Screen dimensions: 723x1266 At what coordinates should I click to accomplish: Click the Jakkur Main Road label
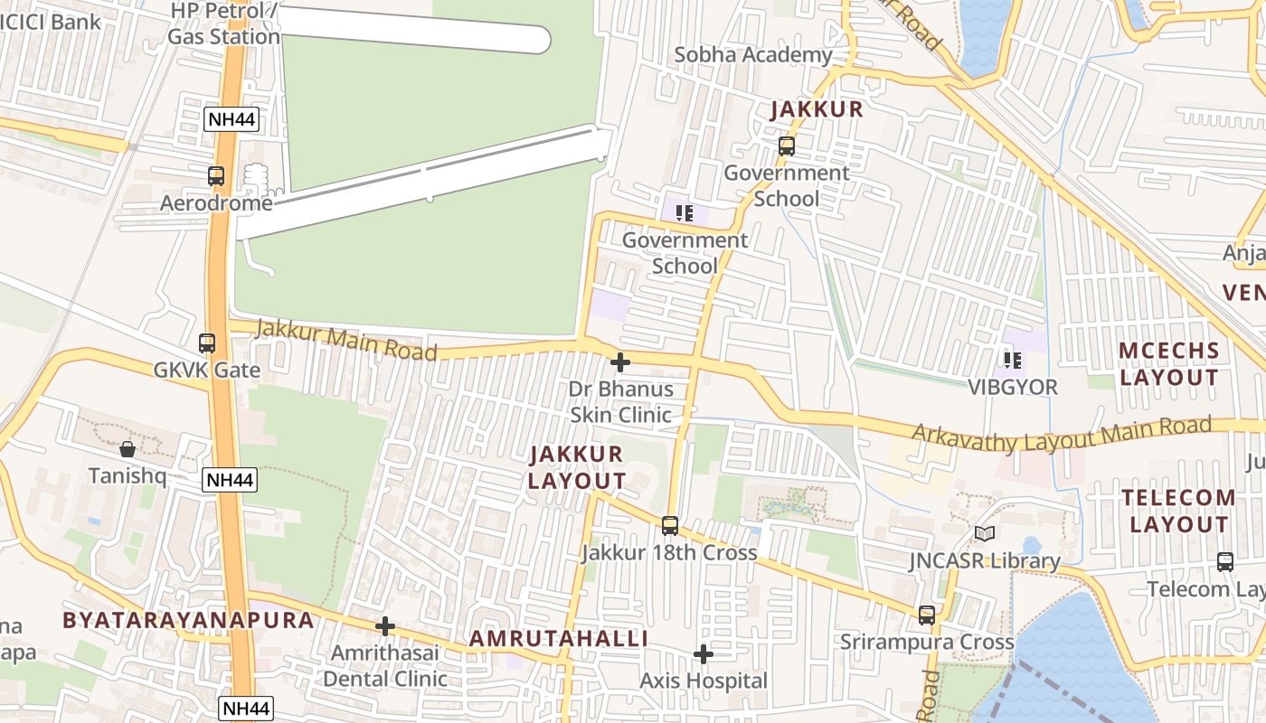[345, 340]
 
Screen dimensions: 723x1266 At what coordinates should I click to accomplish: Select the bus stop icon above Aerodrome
[216, 176]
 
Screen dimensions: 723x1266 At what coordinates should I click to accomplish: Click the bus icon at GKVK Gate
[207, 343]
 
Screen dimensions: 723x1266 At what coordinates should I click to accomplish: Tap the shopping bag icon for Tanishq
[128, 449]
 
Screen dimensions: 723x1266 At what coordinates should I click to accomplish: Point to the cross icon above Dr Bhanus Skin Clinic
[620, 363]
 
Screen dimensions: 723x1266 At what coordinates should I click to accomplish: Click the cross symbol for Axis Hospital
[704, 654]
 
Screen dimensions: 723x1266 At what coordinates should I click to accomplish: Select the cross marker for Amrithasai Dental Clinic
[385, 626]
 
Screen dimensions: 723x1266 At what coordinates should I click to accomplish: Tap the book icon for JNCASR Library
[984, 534]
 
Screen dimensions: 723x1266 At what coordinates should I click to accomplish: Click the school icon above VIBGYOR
[1013, 361]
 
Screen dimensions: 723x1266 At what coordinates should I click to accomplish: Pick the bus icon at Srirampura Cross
[927, 615]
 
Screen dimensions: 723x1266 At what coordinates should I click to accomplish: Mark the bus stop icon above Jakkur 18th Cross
[670, 526]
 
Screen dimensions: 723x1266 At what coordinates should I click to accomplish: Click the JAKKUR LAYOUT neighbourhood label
[577, 467]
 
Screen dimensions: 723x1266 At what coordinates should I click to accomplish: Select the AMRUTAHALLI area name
[558, 639]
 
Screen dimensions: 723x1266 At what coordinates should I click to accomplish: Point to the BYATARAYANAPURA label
[188, 620]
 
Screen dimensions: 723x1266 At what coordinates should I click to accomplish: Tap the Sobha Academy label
[753, 55]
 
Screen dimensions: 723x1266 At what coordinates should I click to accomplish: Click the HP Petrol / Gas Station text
[223, 24]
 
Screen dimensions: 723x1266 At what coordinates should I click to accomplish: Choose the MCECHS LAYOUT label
[1169, 363]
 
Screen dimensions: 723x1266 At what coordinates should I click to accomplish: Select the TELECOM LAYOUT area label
[1179, 511]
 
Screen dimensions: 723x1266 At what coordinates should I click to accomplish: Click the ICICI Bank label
[51, 21]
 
